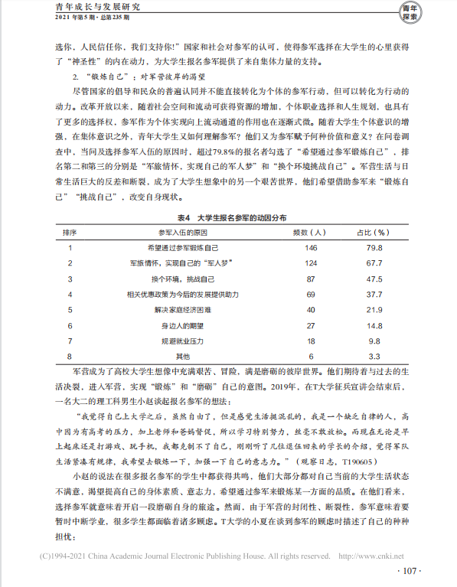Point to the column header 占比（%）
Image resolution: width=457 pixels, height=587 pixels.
(374, 232)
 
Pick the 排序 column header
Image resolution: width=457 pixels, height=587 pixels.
(69, 232)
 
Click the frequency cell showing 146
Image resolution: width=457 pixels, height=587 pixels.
(310, 248)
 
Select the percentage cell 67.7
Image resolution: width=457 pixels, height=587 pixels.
(374, 263)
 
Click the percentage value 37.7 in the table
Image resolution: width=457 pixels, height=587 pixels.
(374, 295)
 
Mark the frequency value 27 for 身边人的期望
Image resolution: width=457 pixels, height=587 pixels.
(310, 325)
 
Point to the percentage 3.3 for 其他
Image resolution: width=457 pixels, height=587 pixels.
(374, 356)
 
